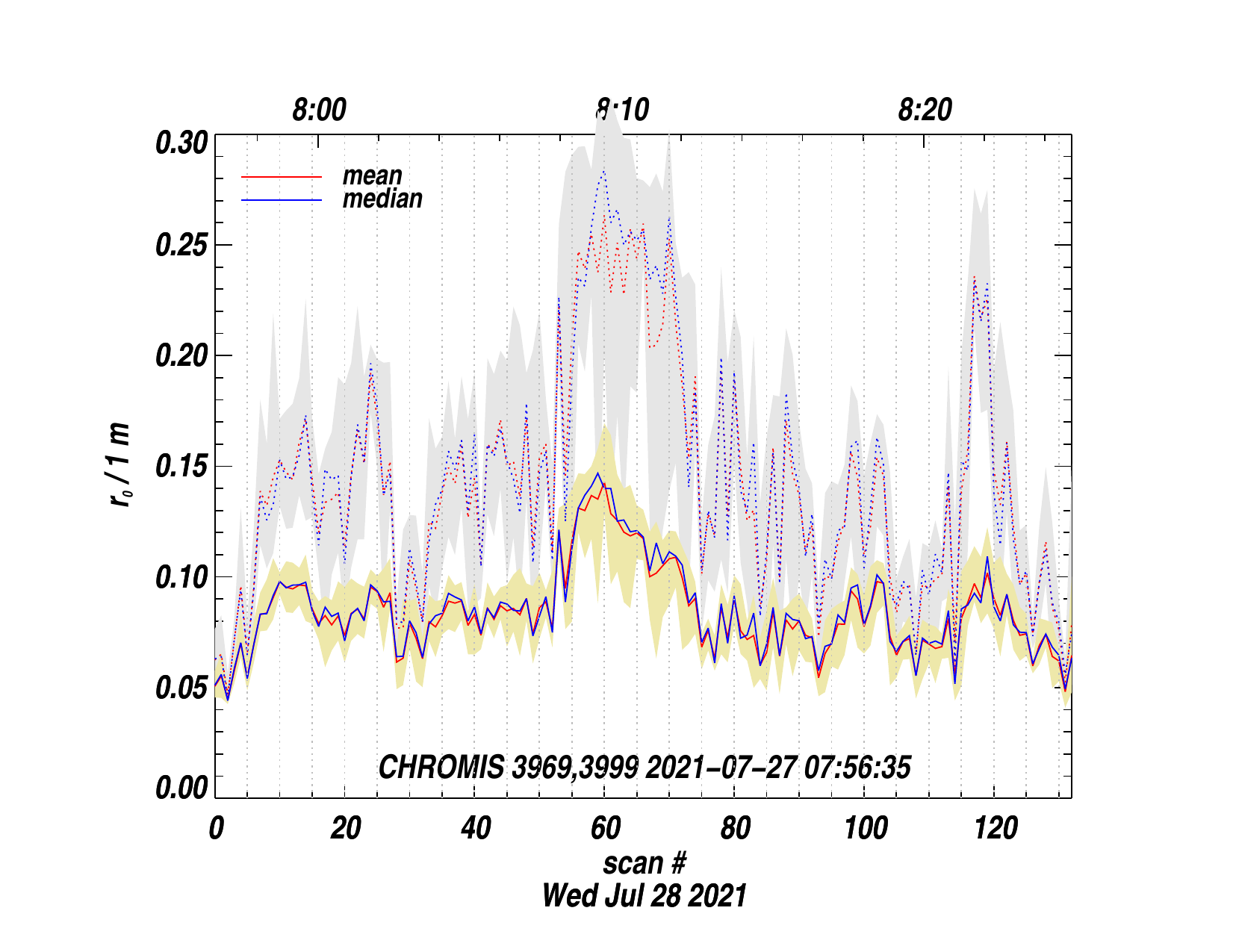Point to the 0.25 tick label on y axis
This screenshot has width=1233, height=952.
click(180, 246)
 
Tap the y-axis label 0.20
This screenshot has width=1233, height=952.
click(180, 356)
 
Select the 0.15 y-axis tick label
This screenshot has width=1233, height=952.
click(180, 467)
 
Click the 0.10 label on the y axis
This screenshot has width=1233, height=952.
click(180, 577)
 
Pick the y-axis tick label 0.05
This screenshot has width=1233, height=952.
click(180, 688)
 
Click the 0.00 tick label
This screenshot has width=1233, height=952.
click(180, 788)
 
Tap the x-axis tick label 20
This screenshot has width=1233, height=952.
click(346, 828)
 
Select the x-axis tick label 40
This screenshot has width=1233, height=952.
click(476, 828)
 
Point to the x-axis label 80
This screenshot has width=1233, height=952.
click(735, 828)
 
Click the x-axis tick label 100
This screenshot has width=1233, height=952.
click(866, 828)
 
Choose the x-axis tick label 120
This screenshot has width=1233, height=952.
click(996, 828)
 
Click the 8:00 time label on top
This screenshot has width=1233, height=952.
click(319, 111)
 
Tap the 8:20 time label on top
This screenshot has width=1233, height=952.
click(925, 111)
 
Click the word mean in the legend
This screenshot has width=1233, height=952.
click(372, 176)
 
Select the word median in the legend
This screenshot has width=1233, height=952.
click(382, 199)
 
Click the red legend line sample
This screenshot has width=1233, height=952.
click(282, 177)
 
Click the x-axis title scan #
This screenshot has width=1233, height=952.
click(645, 863)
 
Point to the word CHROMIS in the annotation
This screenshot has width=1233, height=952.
click(441, 768)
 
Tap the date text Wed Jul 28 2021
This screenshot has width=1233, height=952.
click(645, 895)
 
